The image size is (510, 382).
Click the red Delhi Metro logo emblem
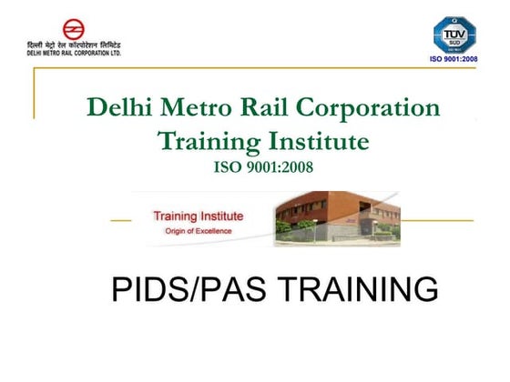[x=71, y=29]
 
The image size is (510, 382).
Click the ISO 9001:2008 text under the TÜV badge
[x=453, y=60]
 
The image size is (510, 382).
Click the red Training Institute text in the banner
[x=199, y=216]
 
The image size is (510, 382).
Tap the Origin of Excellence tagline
[x=199, y=231]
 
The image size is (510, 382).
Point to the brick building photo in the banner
[x=337, y=218]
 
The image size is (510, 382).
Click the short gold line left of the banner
[x=120, y=220]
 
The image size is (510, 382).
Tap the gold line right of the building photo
[x=437, y=220]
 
